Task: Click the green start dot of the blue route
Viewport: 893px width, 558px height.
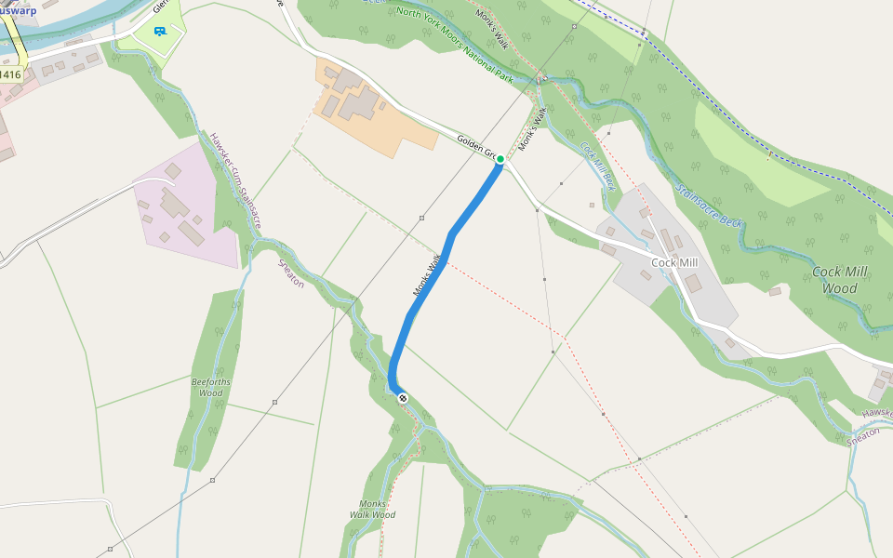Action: click(500, 159)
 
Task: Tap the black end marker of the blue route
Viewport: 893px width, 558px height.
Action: click(403, 398)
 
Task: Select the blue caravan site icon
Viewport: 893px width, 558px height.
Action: click(160, 31)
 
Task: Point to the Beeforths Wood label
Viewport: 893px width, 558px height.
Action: click(211, 387)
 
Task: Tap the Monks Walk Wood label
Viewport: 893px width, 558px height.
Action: click(372, 509)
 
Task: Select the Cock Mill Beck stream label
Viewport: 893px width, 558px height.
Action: click(598, 165)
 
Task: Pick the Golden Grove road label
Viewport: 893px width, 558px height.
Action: click(476, 146)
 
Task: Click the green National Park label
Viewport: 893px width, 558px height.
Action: click(454, 42)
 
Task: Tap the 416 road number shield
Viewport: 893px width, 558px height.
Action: click(9, 74)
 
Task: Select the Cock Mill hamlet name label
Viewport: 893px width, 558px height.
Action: click(674, 263)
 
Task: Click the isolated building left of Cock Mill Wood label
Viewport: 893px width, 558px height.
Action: click(775, 291)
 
